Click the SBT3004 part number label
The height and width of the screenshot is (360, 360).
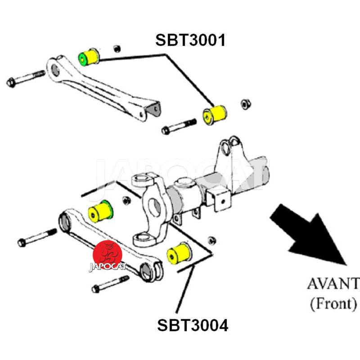(193, 324)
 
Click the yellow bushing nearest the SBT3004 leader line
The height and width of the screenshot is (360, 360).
(179, 253)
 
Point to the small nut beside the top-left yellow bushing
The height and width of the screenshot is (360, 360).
(117, 48)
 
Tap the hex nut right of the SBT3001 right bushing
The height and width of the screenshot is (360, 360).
(246, 104)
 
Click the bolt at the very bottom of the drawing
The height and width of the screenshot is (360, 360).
(109, 284)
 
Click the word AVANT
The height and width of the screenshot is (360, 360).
(333, 284)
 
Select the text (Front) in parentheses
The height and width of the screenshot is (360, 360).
(333, 304)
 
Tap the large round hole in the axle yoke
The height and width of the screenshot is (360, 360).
(155, 207)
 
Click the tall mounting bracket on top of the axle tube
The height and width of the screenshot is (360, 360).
(232, 155)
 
